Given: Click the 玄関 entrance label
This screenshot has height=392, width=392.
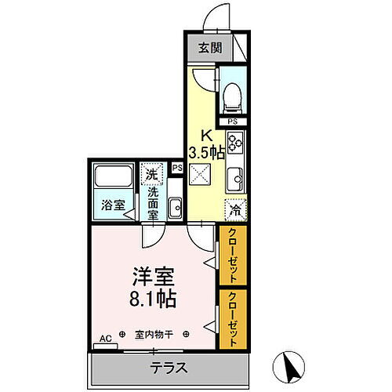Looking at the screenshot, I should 209,48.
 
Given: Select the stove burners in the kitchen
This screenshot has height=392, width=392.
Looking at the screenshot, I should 235,144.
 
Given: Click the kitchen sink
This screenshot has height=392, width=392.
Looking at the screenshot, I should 234,176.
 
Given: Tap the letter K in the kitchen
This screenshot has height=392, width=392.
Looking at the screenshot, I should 205,133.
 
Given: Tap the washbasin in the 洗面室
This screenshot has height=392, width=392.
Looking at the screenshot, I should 175,209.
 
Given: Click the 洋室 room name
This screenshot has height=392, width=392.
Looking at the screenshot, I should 153,277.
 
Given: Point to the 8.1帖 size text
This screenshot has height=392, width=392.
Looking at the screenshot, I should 153,299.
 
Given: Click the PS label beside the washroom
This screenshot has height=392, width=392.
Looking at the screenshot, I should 177,168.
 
